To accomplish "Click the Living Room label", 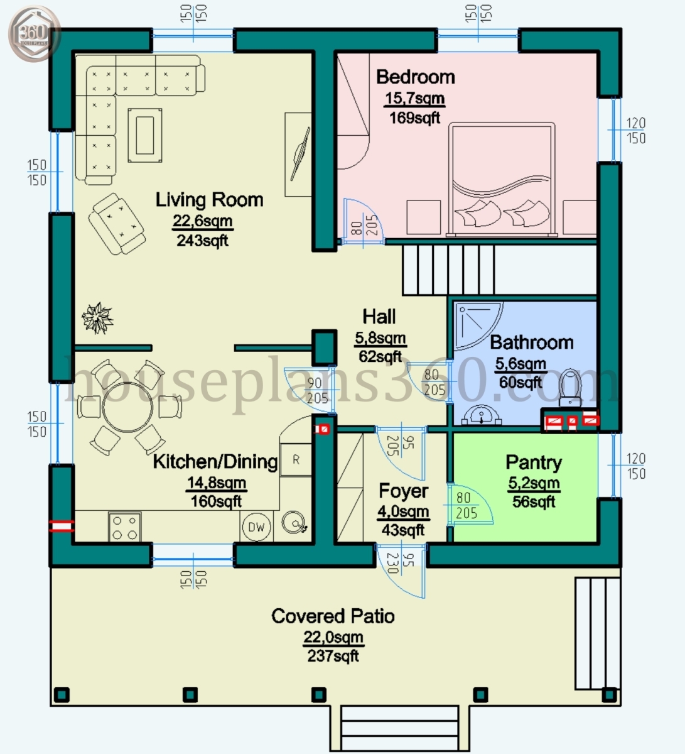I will (x=209, y=200).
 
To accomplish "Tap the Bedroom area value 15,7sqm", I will (x=414, y=98).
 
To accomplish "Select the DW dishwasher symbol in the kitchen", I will (x=256, y=527).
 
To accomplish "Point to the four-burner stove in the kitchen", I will (x=124, y=527).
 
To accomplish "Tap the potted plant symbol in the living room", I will (x=97, y=317).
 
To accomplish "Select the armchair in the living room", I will (x=116, y=223).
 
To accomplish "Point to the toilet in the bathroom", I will (x=570, y=386).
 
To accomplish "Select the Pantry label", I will (x=534, y=462).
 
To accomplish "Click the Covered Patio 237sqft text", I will (x=333, y=656).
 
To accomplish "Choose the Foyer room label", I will (x=403, y=491).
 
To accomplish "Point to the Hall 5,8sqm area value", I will (x=380, y=338).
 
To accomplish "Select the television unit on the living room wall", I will (x=298, y=155).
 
